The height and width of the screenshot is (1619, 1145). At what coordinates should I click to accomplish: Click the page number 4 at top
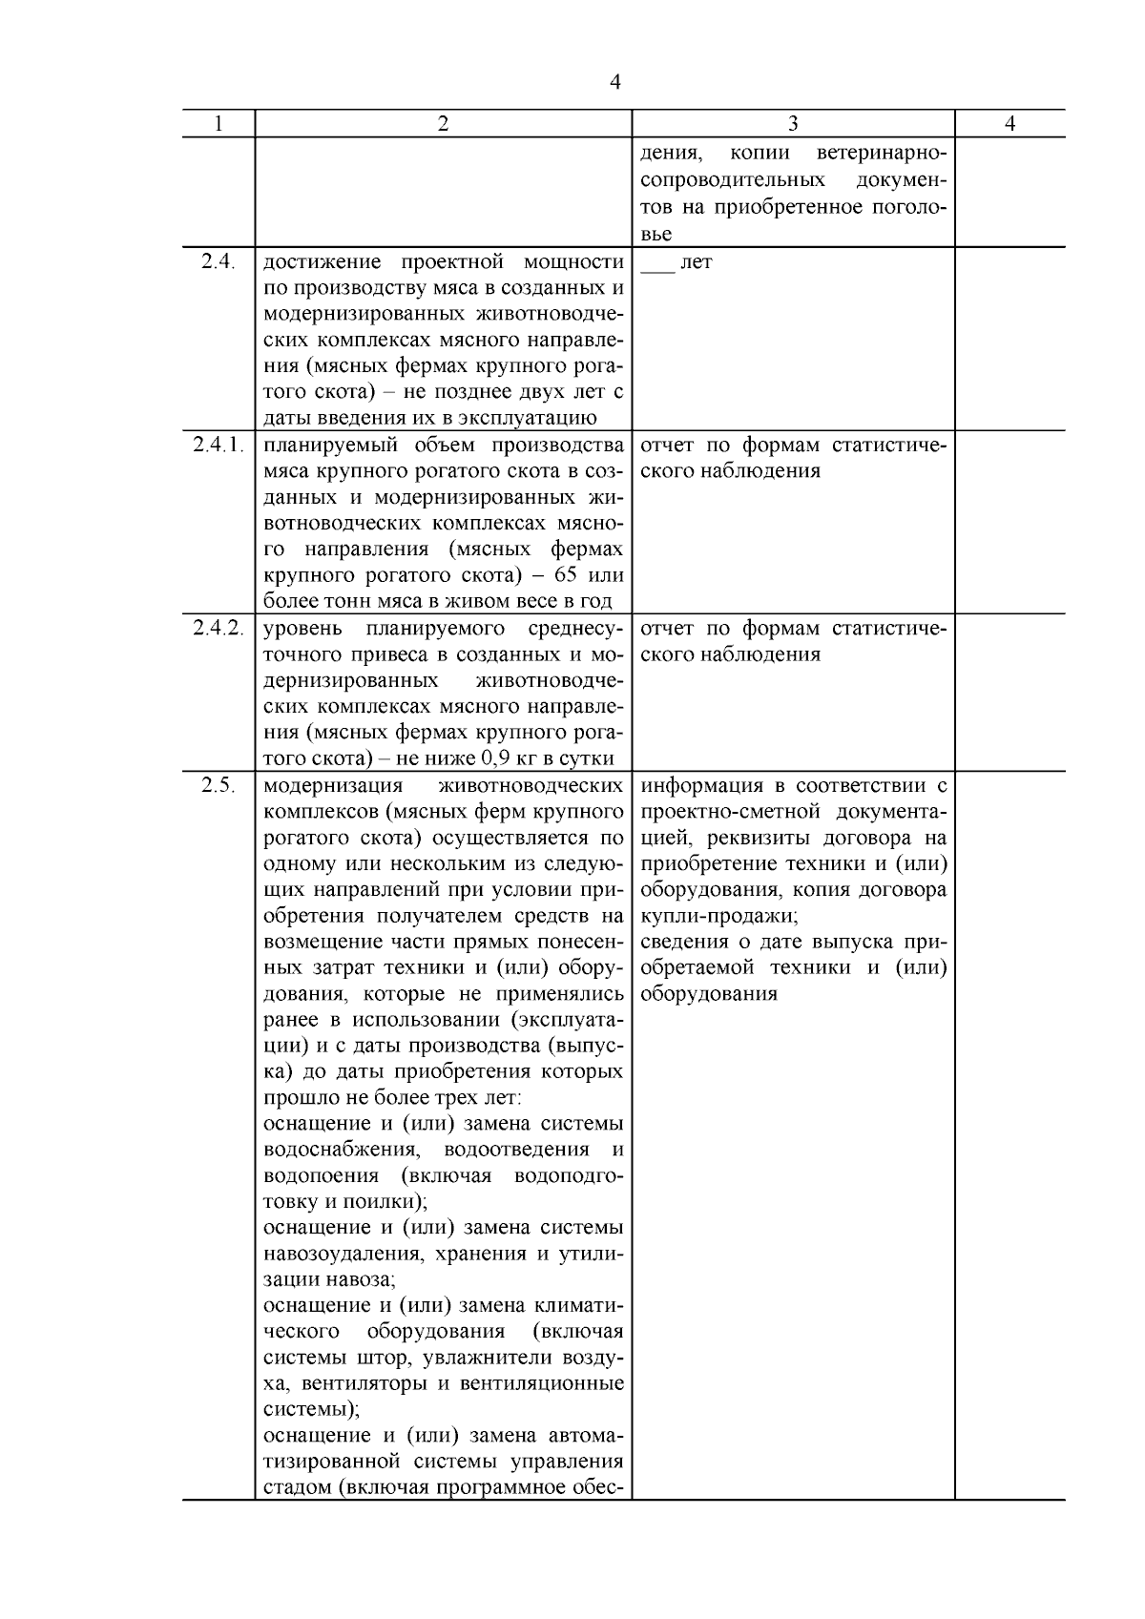point(615,83)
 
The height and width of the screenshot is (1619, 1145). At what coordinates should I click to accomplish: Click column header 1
point(219,124)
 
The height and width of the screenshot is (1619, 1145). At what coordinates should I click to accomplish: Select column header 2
point(443,124)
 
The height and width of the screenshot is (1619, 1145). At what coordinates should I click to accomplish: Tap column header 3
point(793,124)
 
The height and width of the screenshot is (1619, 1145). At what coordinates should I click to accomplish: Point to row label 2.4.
point(219,261)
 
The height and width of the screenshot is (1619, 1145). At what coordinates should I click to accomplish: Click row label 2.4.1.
point(219,445)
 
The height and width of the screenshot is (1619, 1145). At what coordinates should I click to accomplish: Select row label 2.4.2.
point(219,628)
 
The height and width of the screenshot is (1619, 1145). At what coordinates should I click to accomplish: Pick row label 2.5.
point(219,785)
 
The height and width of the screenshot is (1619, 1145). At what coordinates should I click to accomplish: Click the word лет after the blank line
point(697,262)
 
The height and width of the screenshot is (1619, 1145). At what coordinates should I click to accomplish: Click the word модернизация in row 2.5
point(333,786)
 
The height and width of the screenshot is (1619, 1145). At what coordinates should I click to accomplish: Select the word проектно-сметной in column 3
point(734,812)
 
